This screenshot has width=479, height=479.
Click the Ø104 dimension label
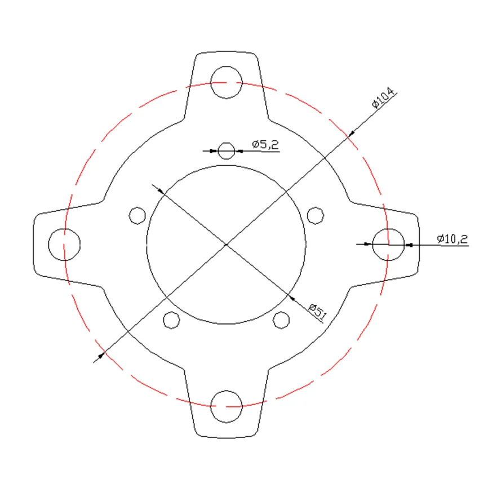point(383,97)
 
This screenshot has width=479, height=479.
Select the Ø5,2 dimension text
point(265,144)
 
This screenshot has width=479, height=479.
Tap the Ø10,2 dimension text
point(452,238)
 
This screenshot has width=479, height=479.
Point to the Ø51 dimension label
point(318,311)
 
